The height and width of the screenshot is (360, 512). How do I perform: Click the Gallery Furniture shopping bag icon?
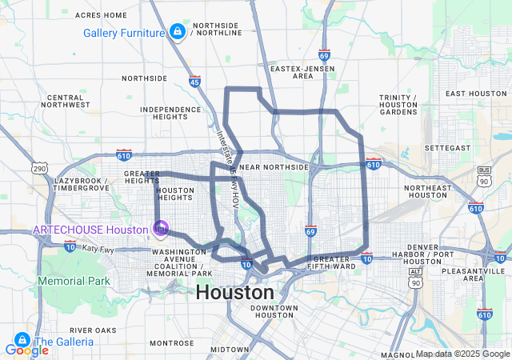[176, 32]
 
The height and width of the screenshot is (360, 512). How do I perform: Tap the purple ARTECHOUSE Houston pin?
[161, 229]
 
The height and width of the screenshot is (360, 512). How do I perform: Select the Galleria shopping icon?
[22, 341]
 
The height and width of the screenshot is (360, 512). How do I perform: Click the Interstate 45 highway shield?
[195, 81]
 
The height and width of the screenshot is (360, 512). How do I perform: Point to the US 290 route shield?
[39, 168]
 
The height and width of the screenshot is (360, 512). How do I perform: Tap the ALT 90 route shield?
[414, 273]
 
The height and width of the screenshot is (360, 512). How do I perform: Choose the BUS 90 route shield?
[483, 171]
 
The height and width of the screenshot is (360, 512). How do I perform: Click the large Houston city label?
[234, 292]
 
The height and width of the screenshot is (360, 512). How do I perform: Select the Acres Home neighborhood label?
[101, 15]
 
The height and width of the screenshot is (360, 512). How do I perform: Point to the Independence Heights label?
[170, 113]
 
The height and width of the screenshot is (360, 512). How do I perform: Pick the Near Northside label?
[274, 167]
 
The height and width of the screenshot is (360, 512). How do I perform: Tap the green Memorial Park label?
[74, 282]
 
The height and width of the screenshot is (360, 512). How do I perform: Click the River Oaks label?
[94, 330]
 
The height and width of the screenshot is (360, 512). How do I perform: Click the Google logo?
[26, 350]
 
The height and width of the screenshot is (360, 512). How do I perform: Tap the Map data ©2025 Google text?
[462, 354]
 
